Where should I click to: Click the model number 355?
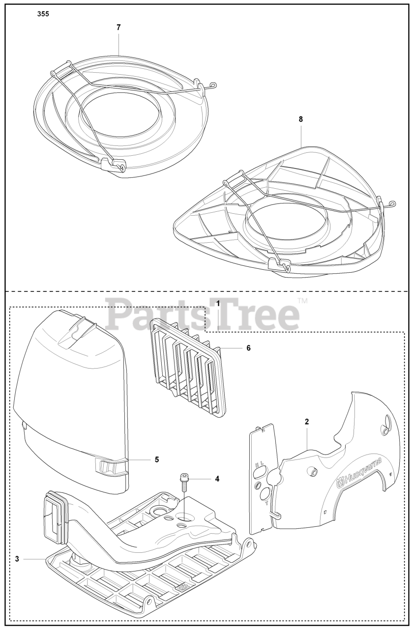pos(43,14)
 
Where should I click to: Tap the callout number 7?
pos(118,28)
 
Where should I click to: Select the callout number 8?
pos(301,119)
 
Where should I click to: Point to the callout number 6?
pos(249,348)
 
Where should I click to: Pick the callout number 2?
pos(307,422)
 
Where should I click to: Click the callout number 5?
pos(157,459)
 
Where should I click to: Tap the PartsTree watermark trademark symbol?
pos(303,300)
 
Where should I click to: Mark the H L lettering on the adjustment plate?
pos(259,465)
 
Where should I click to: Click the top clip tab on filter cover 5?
pos(79,327)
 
